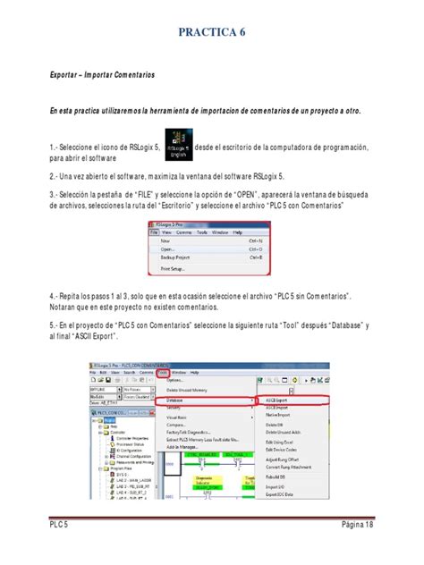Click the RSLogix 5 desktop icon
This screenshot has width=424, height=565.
pyautogui.click(x=174, y=145)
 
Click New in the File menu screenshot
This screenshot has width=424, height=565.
pyautogui.click(x=165, y=240)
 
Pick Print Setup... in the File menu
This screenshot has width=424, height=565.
pyautogui.click(x=175, y=267)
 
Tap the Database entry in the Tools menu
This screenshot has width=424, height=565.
pyautogui.click(x=178, y=400)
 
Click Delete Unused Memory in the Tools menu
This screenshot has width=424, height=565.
pyautogui.click(x=191, y=391)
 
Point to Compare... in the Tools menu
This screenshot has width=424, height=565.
pyautogui.click(x=179, y=424)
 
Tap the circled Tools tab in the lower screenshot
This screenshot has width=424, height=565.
pyautogui.click(x=164, y=371)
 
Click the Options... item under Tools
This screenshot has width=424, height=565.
pyautogui.click(x=176, y=381)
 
